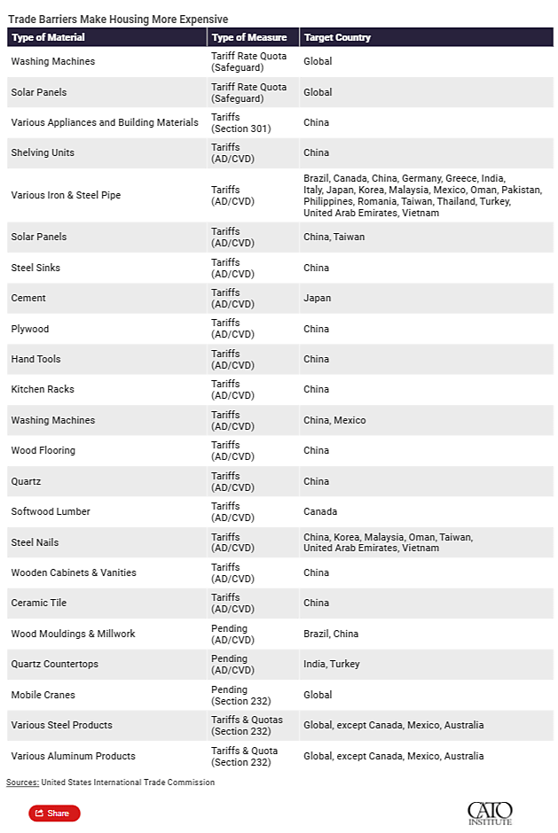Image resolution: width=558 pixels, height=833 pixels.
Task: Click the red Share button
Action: click(54, 813)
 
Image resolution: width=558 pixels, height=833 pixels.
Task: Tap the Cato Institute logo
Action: click(490, 813)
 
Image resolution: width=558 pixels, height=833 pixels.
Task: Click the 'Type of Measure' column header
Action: click(249, 37)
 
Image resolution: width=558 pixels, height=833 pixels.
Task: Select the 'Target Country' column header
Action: click(337, 37)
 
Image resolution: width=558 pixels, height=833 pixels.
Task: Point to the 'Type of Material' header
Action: click(48, 37)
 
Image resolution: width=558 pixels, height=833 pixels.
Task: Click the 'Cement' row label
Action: click(28, 298)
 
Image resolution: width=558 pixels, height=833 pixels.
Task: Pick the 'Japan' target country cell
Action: click(317, 298)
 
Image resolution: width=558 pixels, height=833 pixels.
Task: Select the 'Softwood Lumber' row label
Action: click(51, 511)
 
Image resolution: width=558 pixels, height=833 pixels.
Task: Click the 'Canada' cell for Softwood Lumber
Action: click(320, 511)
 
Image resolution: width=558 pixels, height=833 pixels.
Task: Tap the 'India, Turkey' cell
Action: click(331, 664)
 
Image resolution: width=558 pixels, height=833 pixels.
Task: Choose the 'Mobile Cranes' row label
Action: click(43, 695)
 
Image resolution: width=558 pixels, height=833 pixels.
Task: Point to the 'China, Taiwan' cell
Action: click(334, 237)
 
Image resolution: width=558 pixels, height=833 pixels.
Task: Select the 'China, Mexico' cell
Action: click(334, 420)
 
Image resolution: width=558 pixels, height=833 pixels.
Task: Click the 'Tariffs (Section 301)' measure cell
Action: click(241, 122)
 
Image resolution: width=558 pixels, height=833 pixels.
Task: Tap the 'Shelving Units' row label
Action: click(43, 152)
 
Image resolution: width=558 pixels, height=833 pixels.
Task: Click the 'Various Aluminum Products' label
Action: click(73, 756)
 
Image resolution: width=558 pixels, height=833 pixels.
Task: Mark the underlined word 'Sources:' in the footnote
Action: click(22, 782)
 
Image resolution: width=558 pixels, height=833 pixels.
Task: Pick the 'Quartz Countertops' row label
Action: click(54, 664)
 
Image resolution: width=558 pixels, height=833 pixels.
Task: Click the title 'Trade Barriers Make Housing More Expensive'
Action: click(118, 19)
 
